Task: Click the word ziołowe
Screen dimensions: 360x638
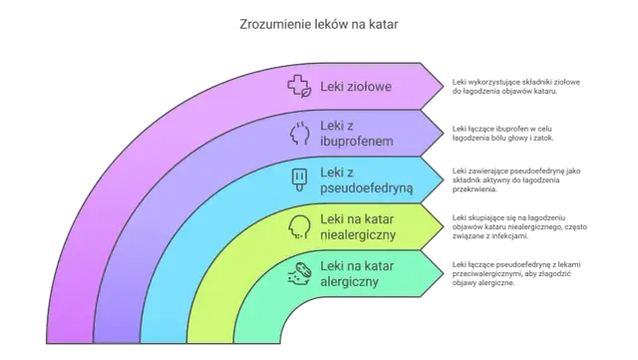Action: coord(370,87)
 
